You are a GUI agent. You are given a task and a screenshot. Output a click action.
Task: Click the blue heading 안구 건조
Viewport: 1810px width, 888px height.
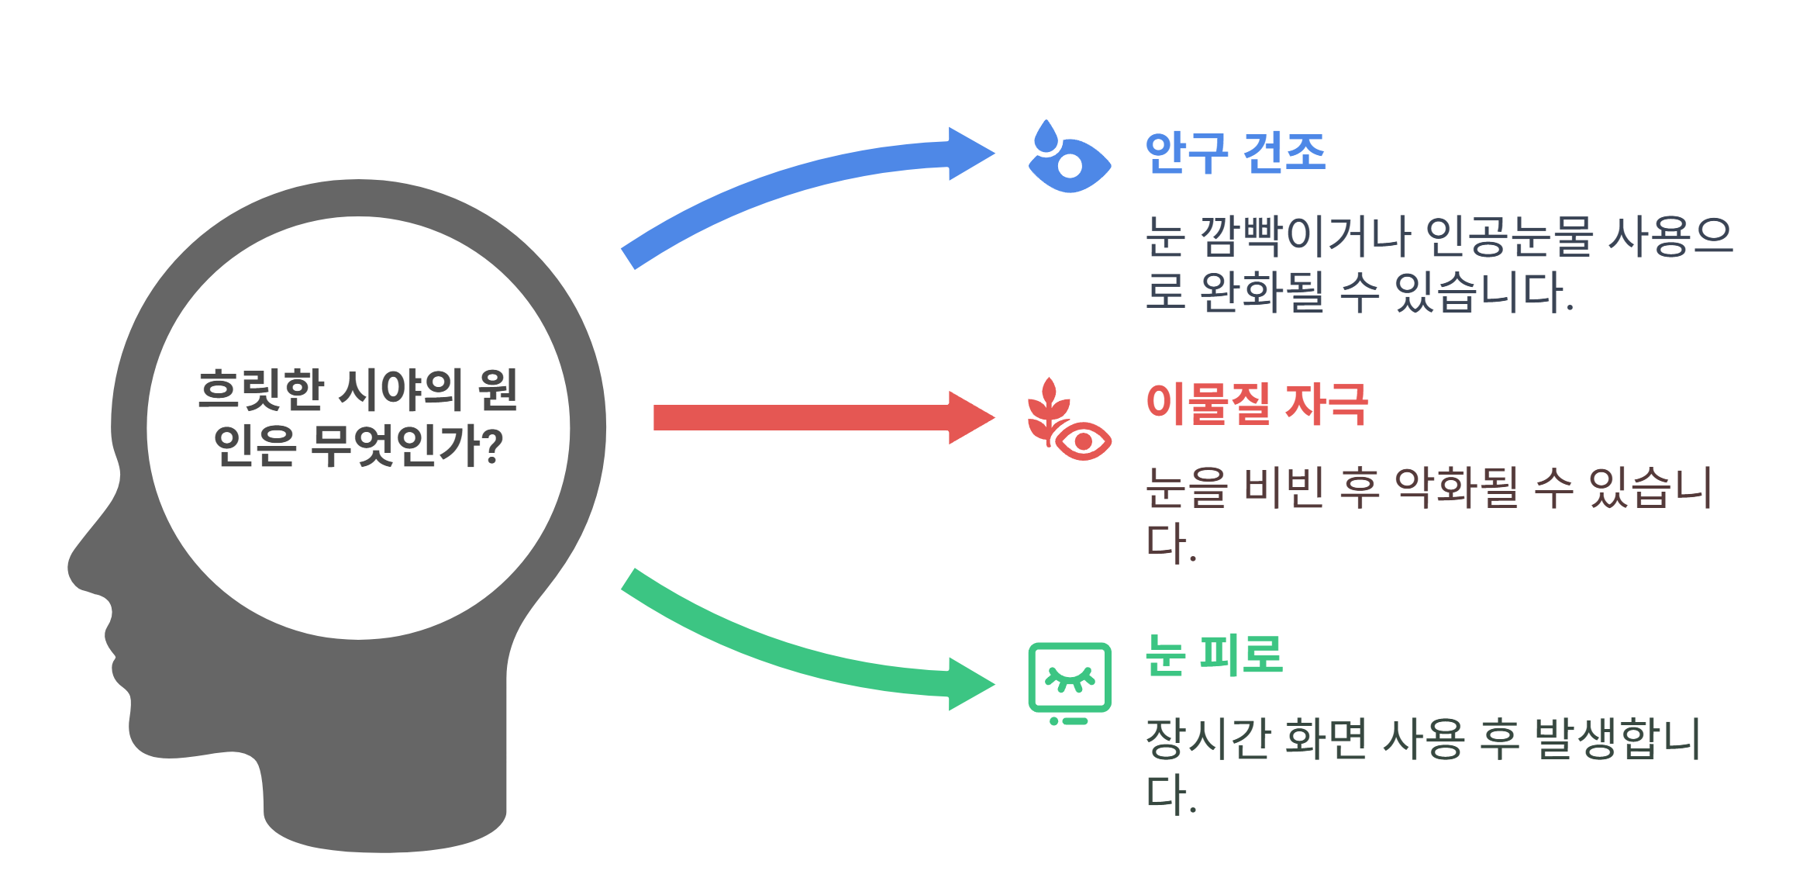point(1235,154)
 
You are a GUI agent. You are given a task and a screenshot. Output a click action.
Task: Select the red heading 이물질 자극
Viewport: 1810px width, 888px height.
point(1257,404)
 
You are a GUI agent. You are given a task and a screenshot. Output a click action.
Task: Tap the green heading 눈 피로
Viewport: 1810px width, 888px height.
point(1214,655)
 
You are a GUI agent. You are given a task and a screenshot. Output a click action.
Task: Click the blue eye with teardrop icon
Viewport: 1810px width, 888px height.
point(1068,157)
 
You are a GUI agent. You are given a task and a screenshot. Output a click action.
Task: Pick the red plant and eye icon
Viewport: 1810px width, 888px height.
point(1068,420)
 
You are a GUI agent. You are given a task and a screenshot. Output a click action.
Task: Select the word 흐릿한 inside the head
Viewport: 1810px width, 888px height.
point(260,390)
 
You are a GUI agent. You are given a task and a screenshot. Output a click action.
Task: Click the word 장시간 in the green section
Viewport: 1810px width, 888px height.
point(1208,738)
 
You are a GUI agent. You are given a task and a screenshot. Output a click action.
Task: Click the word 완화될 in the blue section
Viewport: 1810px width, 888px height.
point(1262,292)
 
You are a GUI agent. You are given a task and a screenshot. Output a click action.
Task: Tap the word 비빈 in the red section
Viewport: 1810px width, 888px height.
point(1283,488)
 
